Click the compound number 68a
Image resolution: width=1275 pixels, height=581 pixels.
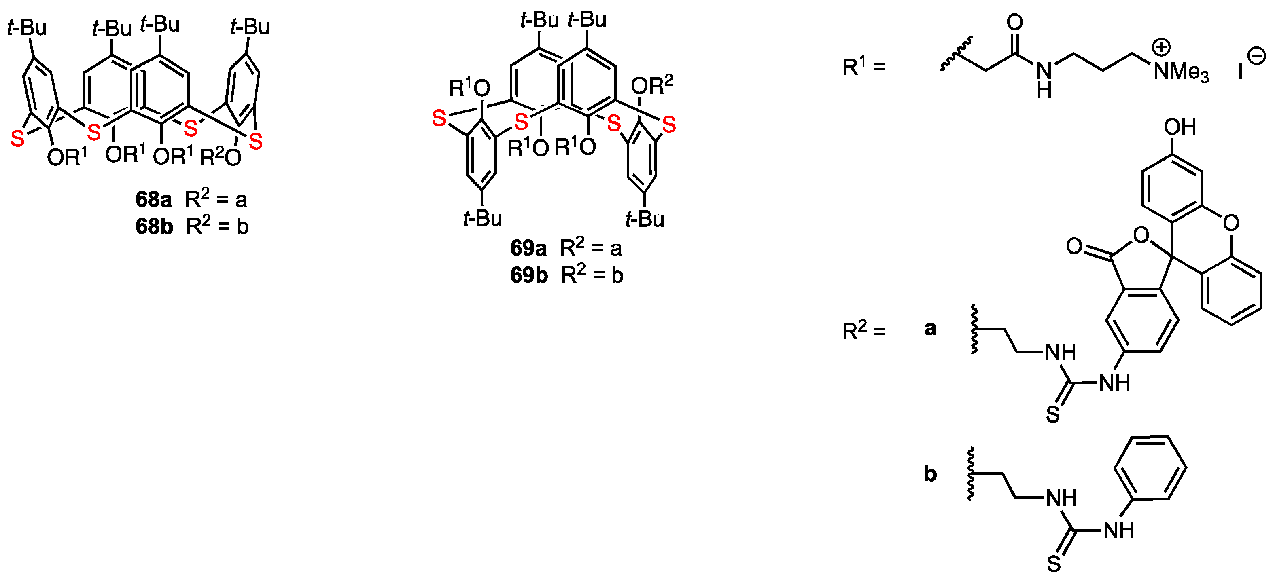153,200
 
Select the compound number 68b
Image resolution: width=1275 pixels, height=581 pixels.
154,226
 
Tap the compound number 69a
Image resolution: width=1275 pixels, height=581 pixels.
528,248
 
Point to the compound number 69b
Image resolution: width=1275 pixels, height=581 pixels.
528,275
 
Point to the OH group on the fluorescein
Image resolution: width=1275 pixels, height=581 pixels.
1180,127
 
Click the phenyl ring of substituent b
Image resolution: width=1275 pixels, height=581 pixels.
1150,467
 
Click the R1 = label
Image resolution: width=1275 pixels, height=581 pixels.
864,67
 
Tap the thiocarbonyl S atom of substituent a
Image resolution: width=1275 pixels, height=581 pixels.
1053,414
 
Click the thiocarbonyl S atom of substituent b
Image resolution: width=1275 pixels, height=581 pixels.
1054,563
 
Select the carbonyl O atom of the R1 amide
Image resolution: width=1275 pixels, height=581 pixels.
1015,22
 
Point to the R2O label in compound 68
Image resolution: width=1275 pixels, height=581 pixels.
220,158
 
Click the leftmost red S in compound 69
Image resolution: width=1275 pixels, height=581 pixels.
439,119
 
